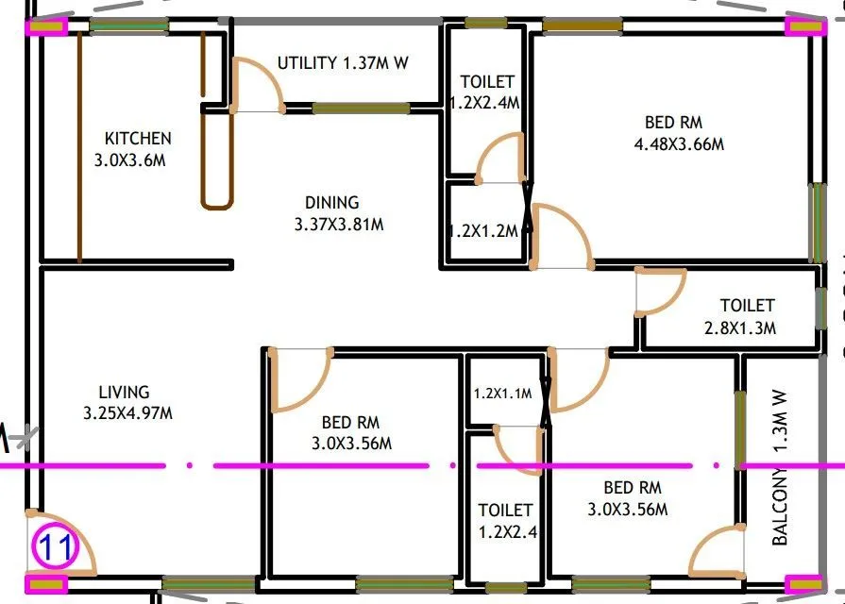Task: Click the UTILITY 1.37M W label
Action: [343, 63]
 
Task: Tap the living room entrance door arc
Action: [63, 543]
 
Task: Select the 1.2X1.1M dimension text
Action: [503, 394]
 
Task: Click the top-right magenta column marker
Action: [804, 26]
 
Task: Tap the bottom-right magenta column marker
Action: [804, 585]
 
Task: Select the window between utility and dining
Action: [361, 109]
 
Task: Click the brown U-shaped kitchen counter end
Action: [216, 201]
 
